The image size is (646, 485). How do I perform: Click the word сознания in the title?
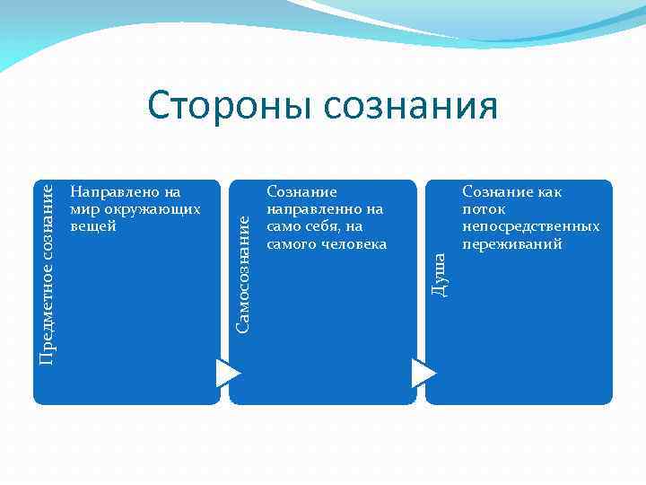click(x=411, y=105)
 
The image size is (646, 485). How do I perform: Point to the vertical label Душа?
click(x=439, y=274)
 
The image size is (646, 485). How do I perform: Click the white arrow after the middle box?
click(x=423, y=372)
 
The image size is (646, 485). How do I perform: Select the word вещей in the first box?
click(x=92, y=225)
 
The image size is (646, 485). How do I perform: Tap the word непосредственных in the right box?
click(x=530, y=225)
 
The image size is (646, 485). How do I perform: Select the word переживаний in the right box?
click(x=511, y=242)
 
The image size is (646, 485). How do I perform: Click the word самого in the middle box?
click(x=291, y=242)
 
